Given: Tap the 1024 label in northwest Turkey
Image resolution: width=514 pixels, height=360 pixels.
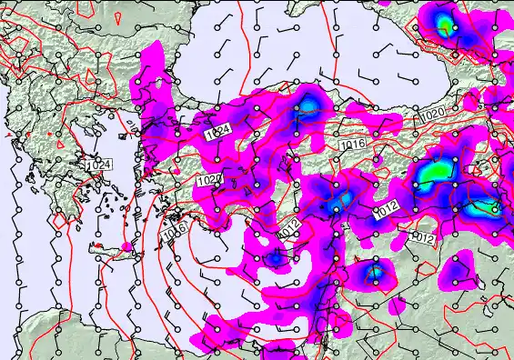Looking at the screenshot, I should (x=217, y=134).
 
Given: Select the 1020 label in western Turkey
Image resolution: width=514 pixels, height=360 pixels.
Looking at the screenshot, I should (x=208, y=180).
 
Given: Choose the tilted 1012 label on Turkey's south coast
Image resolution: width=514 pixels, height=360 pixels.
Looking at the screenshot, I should (x=289, y=234).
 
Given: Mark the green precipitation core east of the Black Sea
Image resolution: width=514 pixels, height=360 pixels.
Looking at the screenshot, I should (x=445, y=25).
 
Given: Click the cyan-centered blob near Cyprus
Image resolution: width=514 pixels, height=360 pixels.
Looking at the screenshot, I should (x=373, y=272).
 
